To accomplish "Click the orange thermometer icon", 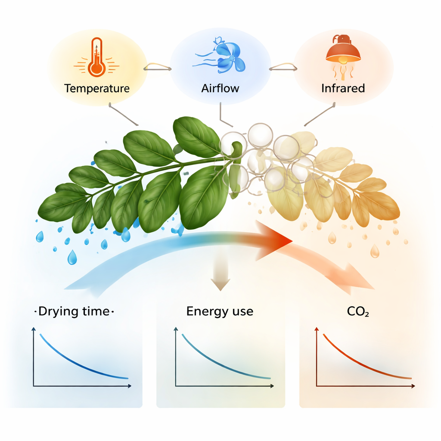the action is (96, 58).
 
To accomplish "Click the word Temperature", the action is (97, 89).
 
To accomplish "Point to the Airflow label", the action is (220, 89).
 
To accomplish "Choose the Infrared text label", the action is (343, 89).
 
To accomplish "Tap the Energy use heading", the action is (220, 311).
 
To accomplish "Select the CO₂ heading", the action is (357, 312).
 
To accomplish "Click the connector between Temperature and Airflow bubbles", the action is (158, 66).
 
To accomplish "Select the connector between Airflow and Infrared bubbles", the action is (283, 66).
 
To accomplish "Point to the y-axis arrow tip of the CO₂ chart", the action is (317, 329).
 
